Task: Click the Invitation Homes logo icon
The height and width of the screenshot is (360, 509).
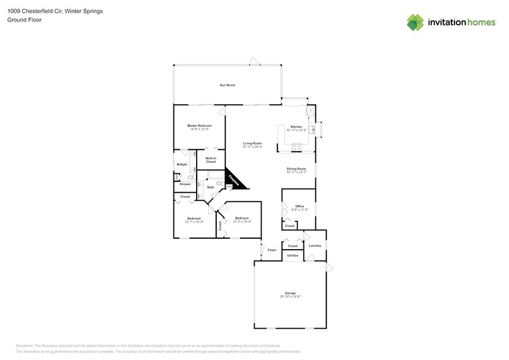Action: pyautogui.click(x=415, y=22)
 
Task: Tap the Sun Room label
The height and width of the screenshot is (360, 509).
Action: pyautogui.click(x=227, y=85)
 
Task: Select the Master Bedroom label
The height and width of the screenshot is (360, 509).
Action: pyautogui.click(x=199, y=126)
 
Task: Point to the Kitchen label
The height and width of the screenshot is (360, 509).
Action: pyautogui.click(x=296, y=127)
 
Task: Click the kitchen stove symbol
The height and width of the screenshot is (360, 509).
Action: pyautogui.click(x=297, y=147)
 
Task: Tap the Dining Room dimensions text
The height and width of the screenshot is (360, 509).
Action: pyautogui.click(x=296, y=172)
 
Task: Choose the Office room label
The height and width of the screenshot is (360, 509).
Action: pyautogui.click(x=300, y=206)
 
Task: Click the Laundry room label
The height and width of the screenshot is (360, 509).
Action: pyautogui.click(x=315, y=246)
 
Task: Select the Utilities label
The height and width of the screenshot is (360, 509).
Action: pyautogui.click(x=293, y=255)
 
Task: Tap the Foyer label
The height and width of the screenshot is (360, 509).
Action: pyautogui.click(x=272, y=250)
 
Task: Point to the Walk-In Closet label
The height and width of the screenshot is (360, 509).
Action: pyautogui.click(x=211, y=160)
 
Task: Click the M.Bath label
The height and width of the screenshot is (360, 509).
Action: pyautogui.click(x=181, y=164)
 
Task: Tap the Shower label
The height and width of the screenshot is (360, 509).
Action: pyautogui.click(x=185, y=184)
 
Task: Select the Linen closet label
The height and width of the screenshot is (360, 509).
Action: pyautogui.click(x=229, y=186)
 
